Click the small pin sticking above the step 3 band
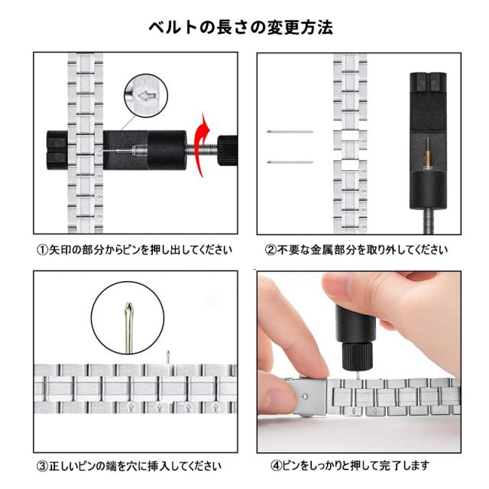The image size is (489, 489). point(168,356)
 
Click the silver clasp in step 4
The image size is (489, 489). point(306,397)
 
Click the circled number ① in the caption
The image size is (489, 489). point(42,250)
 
